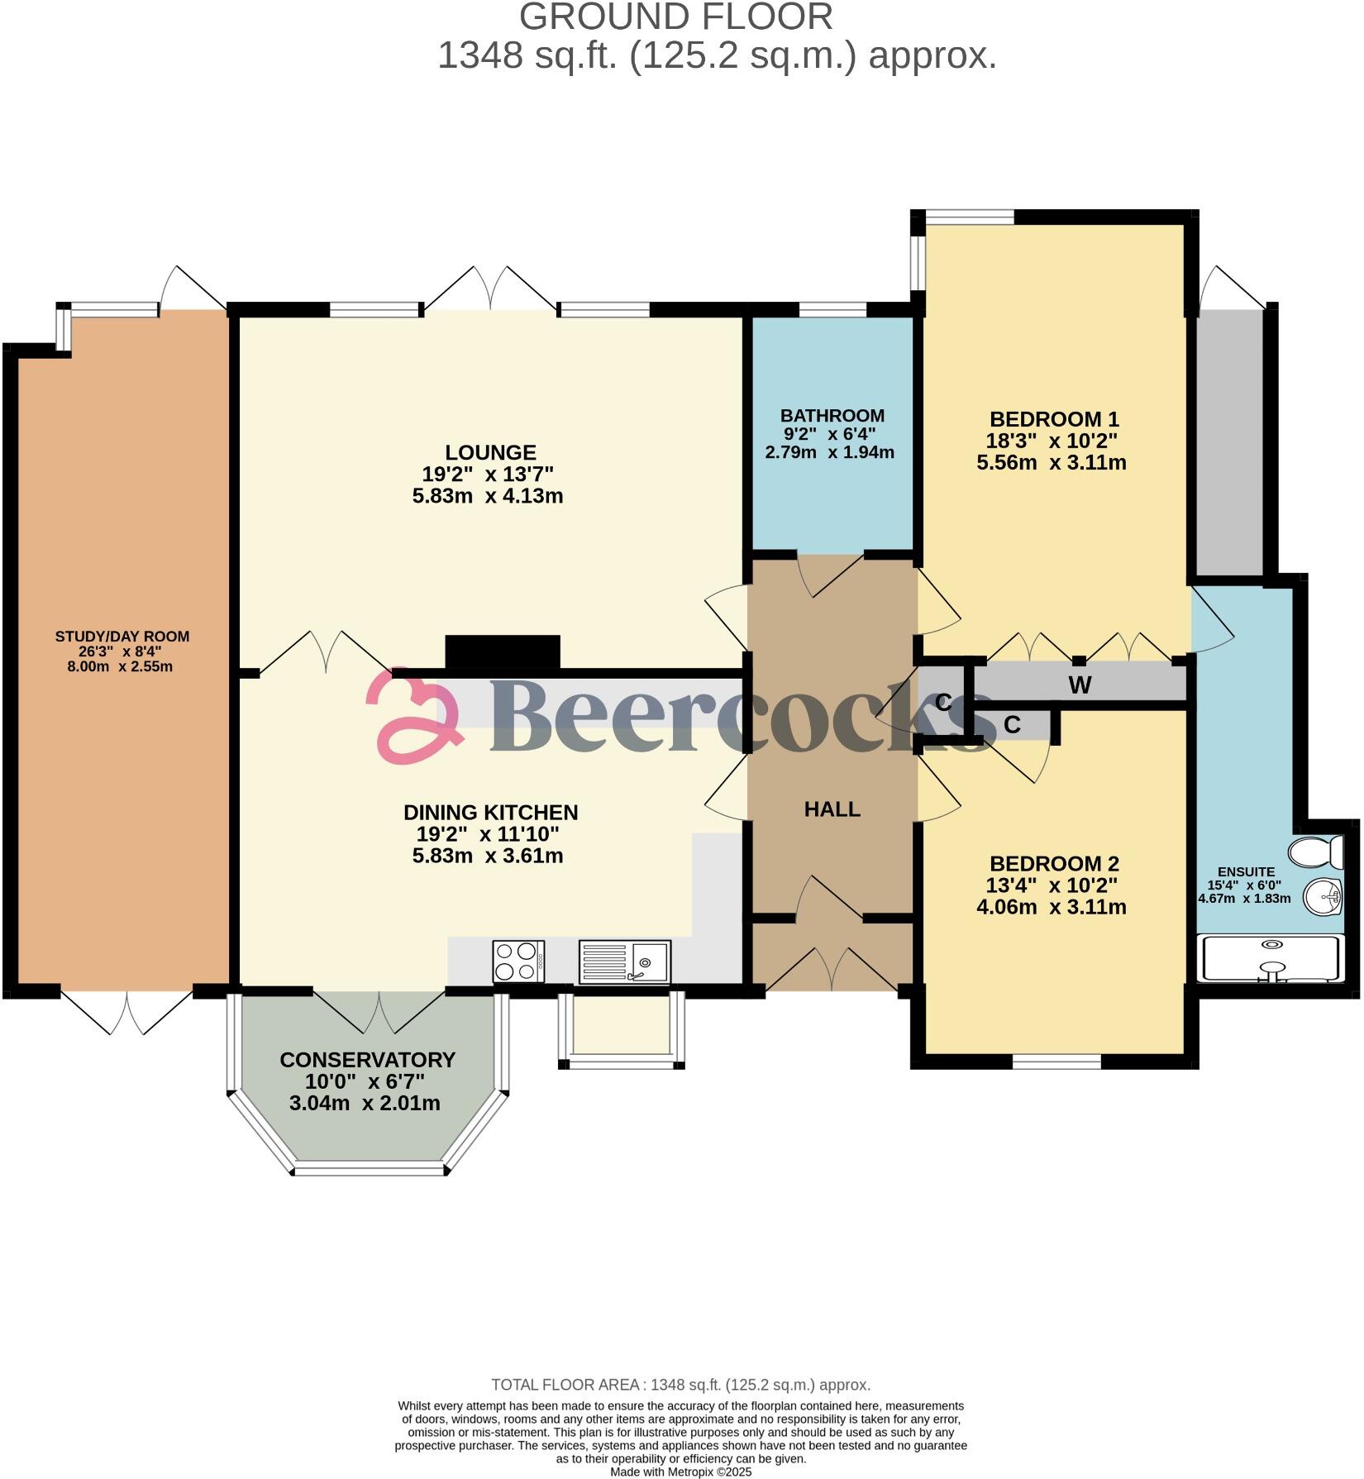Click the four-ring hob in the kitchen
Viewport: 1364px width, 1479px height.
point(518,961)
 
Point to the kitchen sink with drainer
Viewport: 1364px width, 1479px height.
point(624,961)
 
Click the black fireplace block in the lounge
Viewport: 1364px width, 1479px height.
point(503,651)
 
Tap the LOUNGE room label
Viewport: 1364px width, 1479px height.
point(490,452)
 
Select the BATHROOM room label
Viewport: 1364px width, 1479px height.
point(832,415)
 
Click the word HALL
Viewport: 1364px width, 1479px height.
point(832,809)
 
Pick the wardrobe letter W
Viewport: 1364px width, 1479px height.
point(1080,685)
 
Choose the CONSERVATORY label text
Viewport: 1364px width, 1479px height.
point(367,1060)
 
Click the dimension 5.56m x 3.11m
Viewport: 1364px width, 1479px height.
point(1052,462)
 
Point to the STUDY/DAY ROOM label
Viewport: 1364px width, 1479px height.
point(122,636)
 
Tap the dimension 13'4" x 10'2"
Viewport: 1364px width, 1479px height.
point(1052,885)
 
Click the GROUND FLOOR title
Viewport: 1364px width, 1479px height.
point(676,17)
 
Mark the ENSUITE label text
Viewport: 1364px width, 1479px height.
point(1246,871)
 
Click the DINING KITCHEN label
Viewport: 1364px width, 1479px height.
point(490,812)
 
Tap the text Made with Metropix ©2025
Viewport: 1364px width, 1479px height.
point(680,1472)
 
